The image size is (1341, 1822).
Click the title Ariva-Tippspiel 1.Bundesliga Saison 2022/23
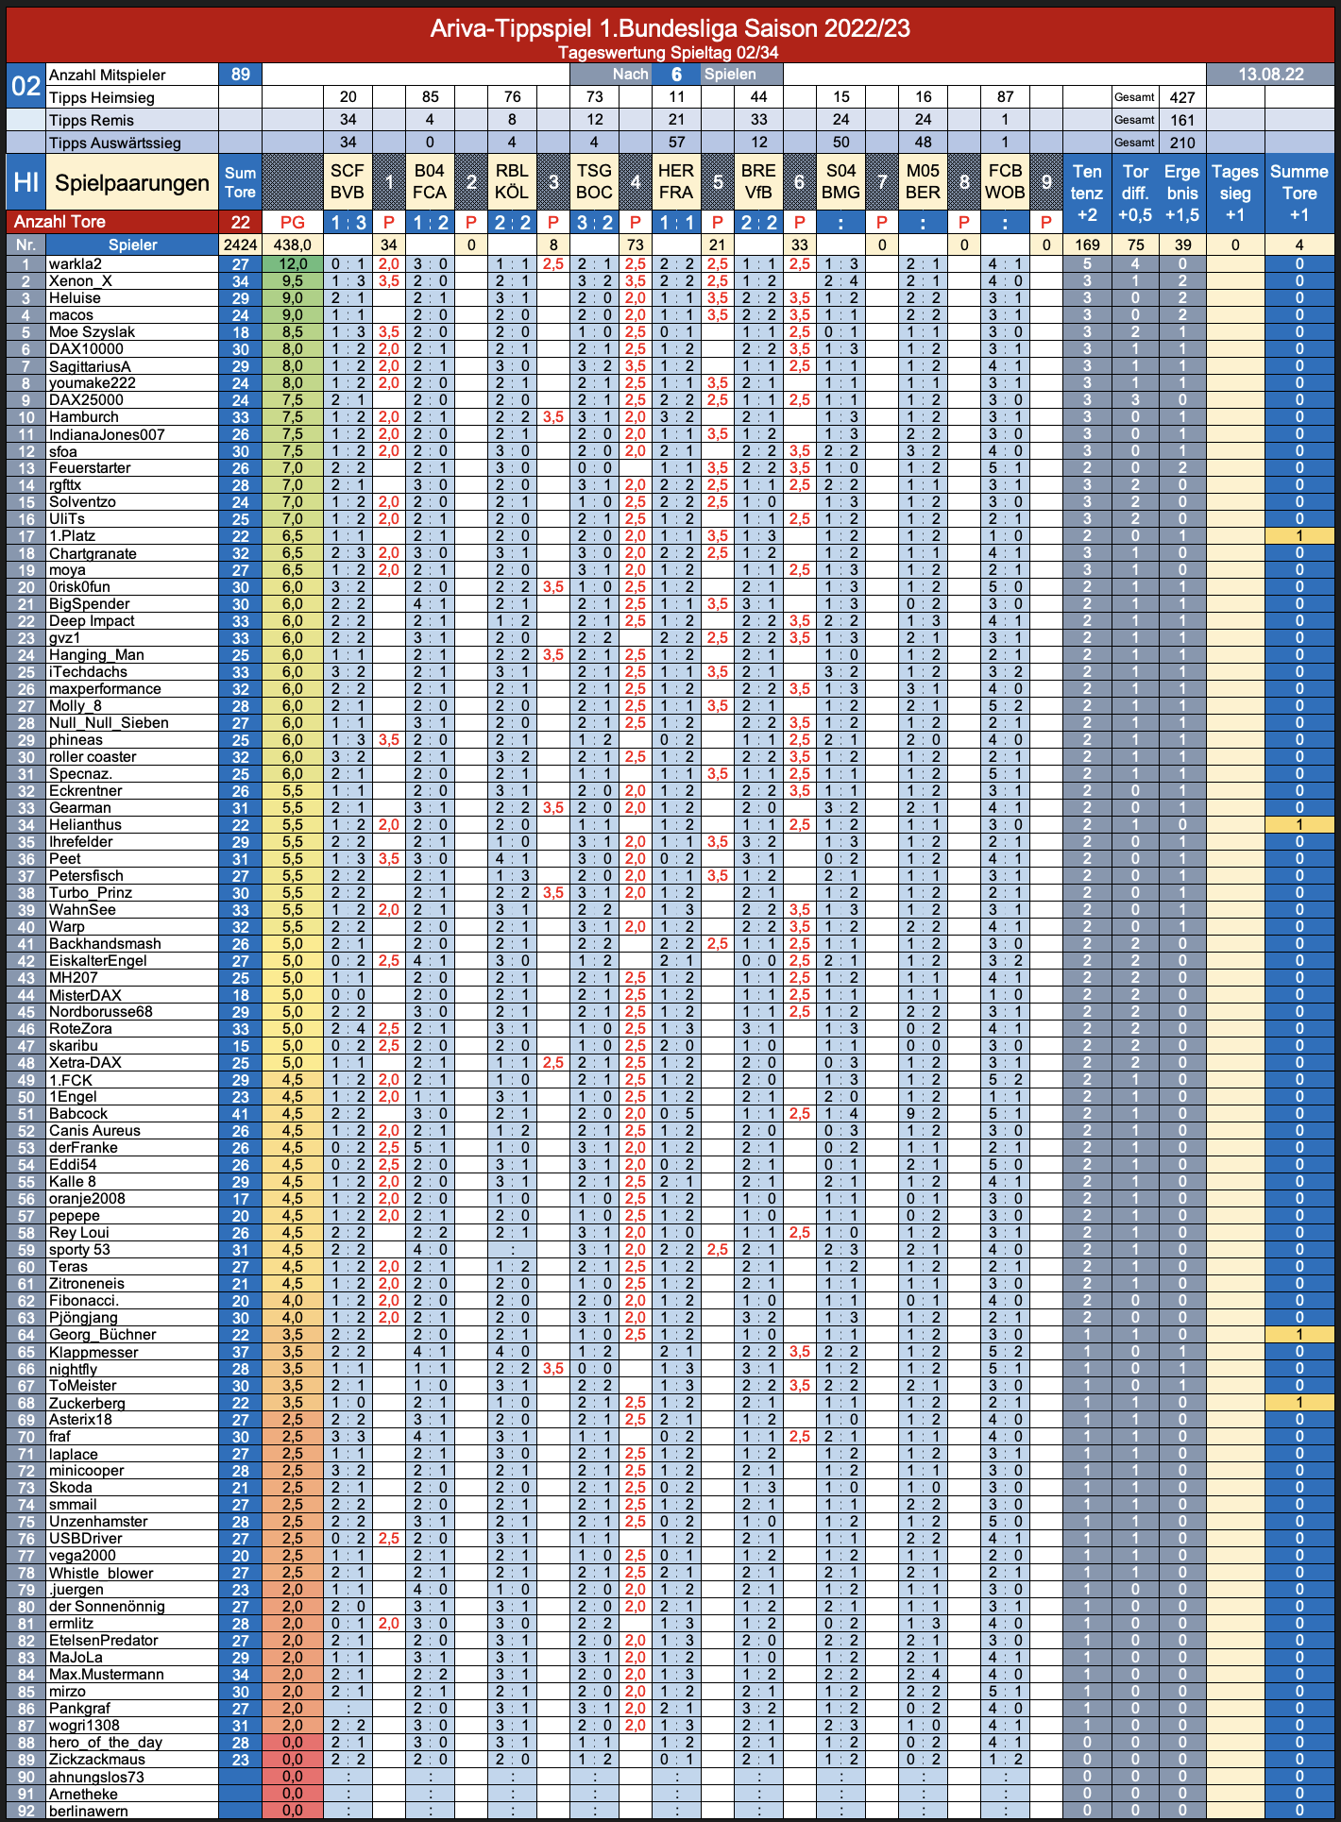point(670,28)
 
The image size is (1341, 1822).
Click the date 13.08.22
point(1270,75)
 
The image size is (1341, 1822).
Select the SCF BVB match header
point(348,181)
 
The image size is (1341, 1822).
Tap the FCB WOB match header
point(1005,181)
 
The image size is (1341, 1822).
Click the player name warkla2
point(76,264)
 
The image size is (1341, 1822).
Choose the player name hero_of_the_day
point(106,1743)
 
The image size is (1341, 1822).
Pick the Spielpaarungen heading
point(132,183)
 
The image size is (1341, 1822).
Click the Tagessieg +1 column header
point(1235,193)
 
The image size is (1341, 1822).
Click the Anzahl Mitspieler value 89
point(240,75)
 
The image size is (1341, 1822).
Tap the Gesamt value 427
point(1182,97)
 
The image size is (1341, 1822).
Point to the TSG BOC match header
point(594,181)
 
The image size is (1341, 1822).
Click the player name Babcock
point(78,1114)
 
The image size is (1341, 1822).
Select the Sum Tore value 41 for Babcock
point(240,1114)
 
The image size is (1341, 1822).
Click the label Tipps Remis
point(92,120)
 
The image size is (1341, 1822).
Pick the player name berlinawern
point(89,1811)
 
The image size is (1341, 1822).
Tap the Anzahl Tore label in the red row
point(59,222)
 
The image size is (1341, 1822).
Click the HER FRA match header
point(676,181)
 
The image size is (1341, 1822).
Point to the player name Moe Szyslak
point(92,332)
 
